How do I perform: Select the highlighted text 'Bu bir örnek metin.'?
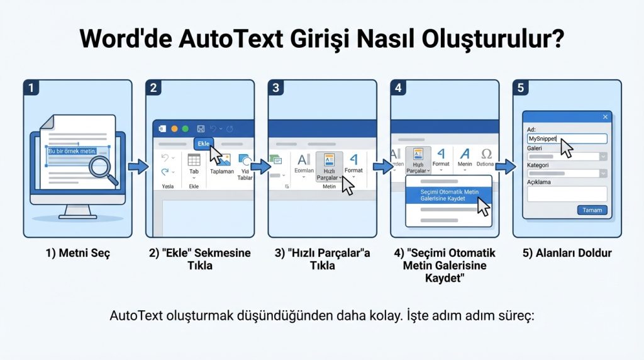72,151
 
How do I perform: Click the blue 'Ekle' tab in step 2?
204,144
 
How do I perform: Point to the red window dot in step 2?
174,128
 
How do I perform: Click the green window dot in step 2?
185,128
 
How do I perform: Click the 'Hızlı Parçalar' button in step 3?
329,167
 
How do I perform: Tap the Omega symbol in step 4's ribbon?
486,154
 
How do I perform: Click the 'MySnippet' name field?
567,139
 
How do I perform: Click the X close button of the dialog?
606,117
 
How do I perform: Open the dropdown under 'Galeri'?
602,156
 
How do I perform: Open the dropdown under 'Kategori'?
602,174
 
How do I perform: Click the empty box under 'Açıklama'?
567,194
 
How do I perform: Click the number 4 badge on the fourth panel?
398,87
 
